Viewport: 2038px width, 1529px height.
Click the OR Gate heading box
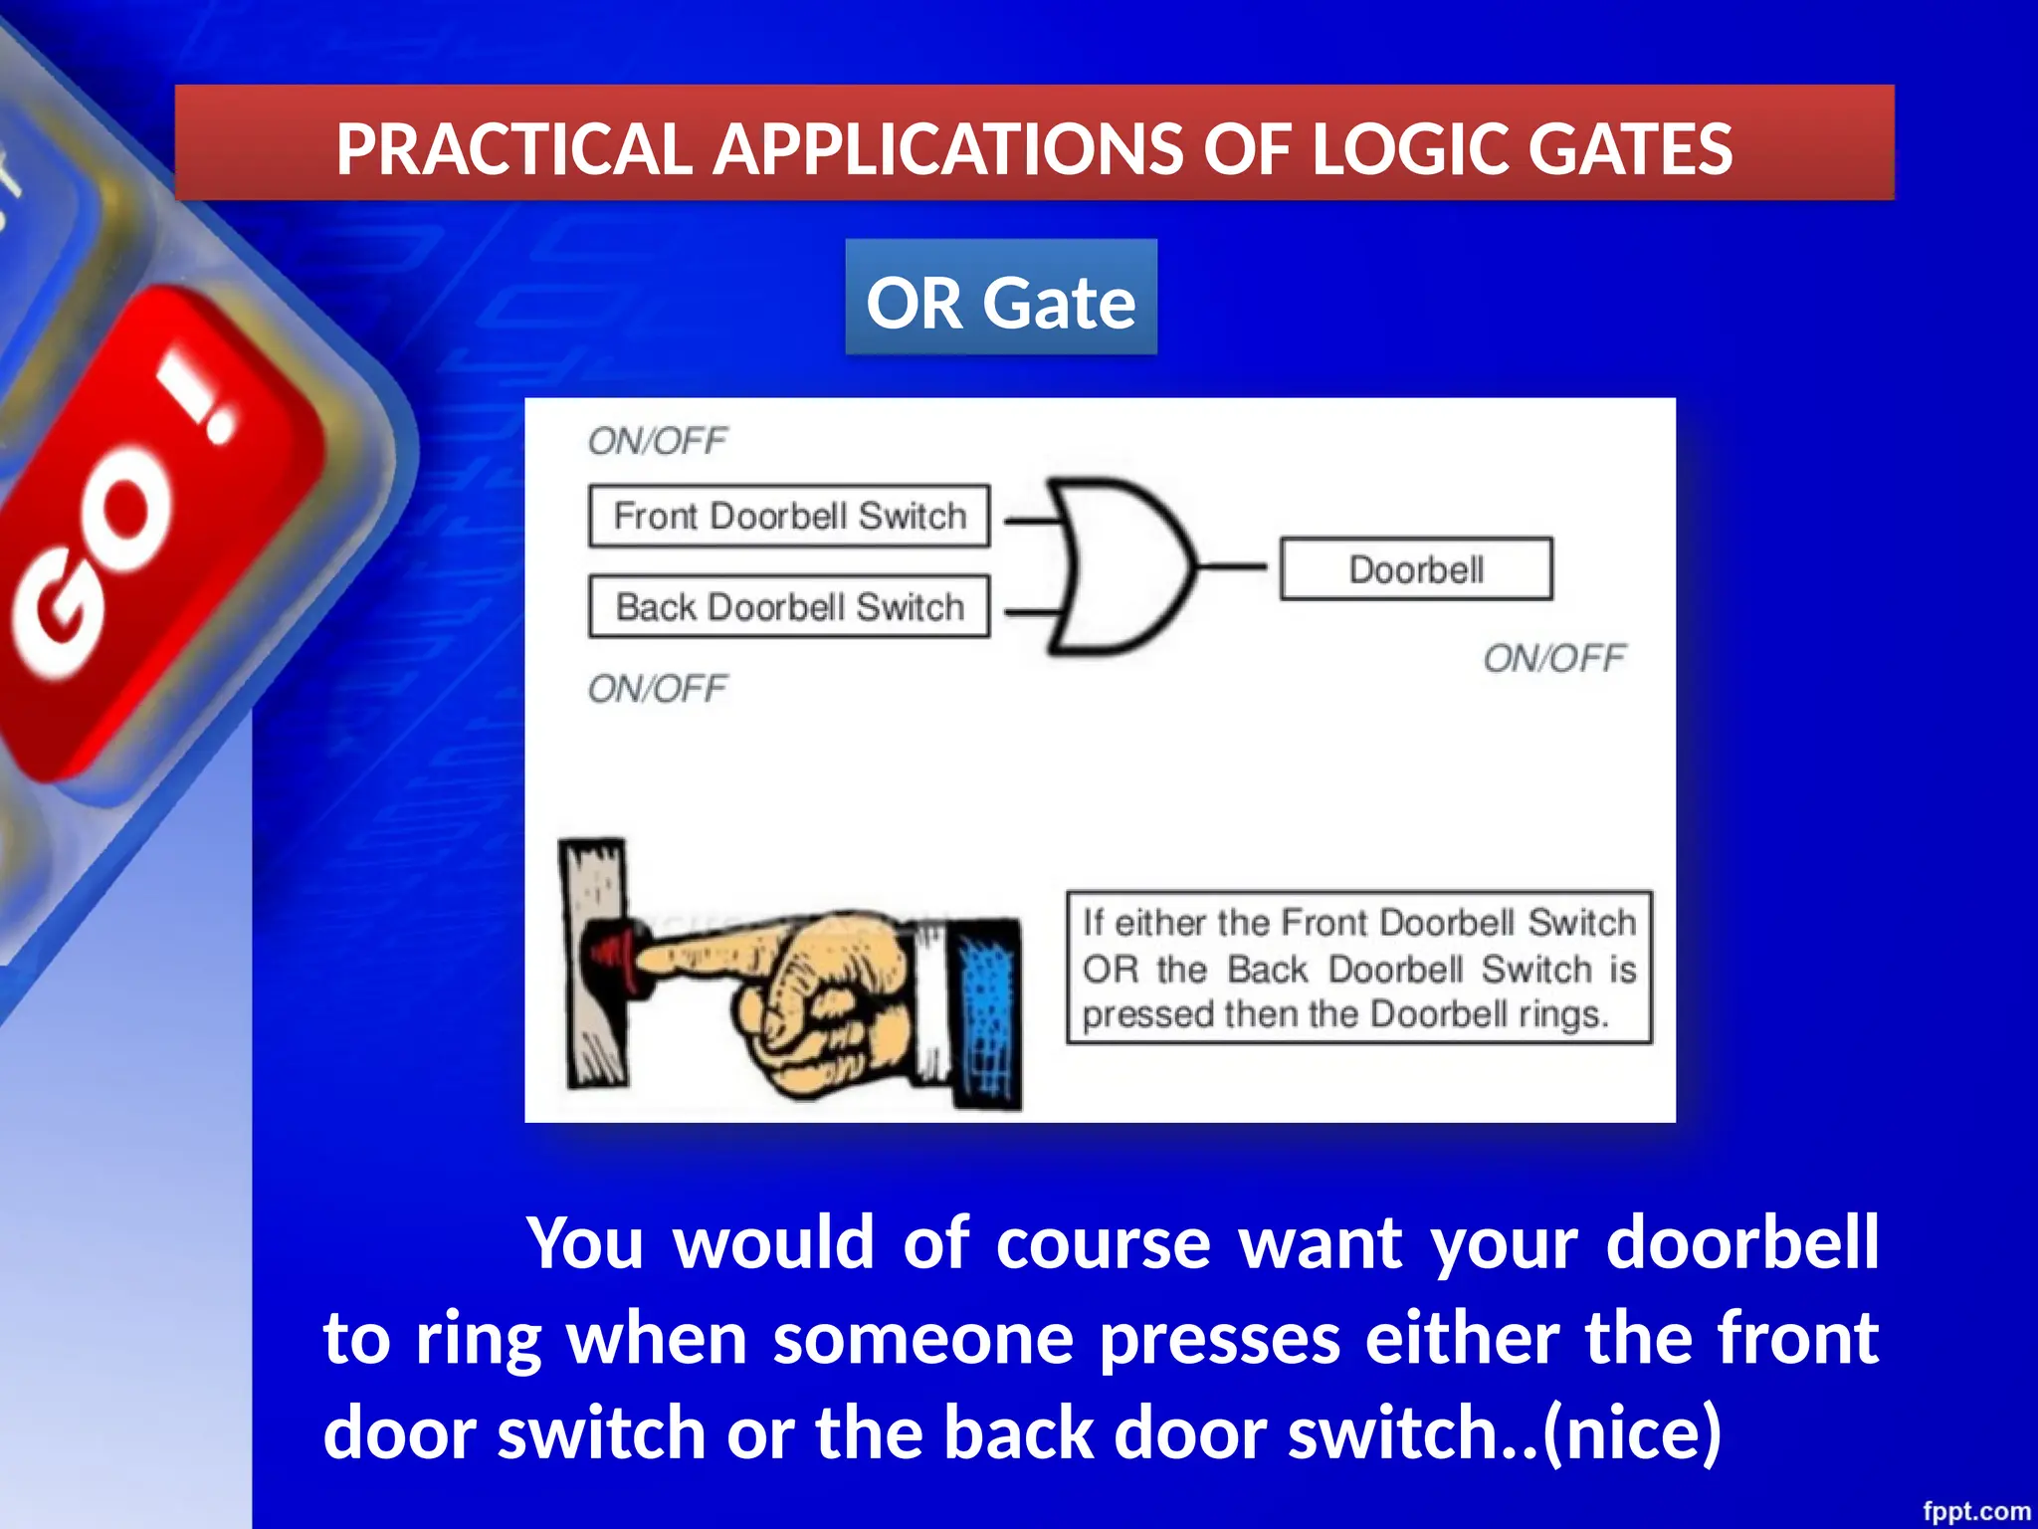pyautogui.click(x=1000, y=298)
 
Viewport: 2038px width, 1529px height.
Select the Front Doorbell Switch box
pyautogui.click(x=789, y=516)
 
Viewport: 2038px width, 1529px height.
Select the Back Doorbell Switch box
pyautogui.click(x=789, y=606)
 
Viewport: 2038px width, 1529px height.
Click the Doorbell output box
pyautogui.click(x=1415, y=569)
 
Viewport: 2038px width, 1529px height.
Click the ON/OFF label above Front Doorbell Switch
pyautogui.click(x=657, y=441)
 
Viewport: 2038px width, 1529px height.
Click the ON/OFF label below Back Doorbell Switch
pyautogui.click(x=657, y=689)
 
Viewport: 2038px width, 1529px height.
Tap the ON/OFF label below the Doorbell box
pyautogui.click(x=1553, y=658)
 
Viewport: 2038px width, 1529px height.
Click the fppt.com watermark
pyautogui.click(x=1975, y=1511)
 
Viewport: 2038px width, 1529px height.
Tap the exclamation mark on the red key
pyautogui.click(x=204, y=403)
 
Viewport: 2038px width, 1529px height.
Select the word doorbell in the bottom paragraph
pyautogui.click(x=1741, y=1243)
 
